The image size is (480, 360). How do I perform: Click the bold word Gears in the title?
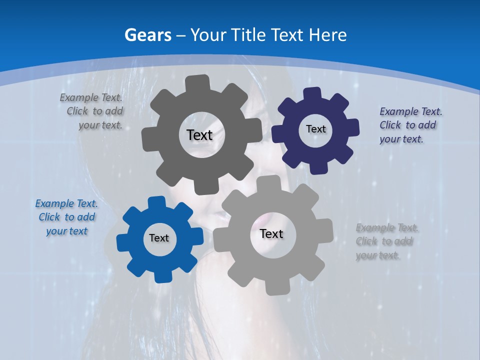[x=147, y=35]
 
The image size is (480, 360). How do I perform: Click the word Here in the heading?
[x=328, y=35]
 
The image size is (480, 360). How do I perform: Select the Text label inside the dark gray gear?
[x=199, y=135]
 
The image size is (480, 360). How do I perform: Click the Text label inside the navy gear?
[x=315, y=129]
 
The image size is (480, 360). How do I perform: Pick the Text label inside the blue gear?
[x=159, y=238]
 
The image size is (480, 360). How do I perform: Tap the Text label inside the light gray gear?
[x=271, y=233]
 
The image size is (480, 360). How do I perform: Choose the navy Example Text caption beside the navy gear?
[x=410, y=125]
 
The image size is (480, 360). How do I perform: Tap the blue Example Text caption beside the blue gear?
[x=66, y=217]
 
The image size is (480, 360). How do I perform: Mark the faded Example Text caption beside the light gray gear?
[x=386, y=241]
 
